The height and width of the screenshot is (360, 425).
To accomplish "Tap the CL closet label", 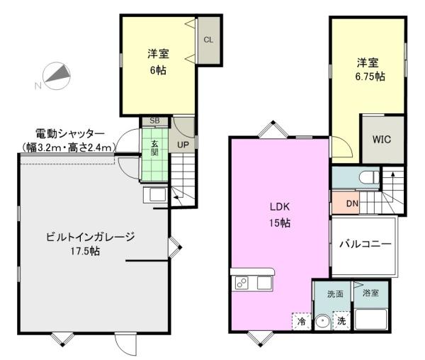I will coord(208,40).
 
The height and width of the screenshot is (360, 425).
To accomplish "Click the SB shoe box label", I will coord(154,121).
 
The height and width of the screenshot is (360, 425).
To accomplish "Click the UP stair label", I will coord(183,145).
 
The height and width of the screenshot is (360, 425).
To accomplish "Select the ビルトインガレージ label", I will coord(90,237).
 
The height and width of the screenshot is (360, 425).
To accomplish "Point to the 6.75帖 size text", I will coord(370,76).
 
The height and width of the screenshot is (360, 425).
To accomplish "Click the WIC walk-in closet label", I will coord(382,138).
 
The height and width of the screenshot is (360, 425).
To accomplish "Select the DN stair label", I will coord(351,204).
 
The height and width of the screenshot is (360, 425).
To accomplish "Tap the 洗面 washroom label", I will coord(335,293).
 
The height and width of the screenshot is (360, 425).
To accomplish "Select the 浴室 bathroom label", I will coord(371,293).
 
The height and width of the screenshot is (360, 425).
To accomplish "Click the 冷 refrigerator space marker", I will coord(300,321).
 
